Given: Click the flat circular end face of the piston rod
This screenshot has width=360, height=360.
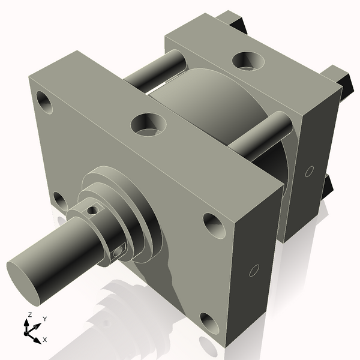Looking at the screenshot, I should tap(24, 275).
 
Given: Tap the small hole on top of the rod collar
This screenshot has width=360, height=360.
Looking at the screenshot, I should tap(92, 210).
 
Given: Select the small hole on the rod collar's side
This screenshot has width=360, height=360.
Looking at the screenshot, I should tap(118, 250).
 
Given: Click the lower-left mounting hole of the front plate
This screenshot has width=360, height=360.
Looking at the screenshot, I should tap(59, 200).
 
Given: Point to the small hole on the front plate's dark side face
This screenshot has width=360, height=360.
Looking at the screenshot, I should tap(254, 271).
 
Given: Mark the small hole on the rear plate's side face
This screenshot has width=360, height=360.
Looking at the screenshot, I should tap(308, 172).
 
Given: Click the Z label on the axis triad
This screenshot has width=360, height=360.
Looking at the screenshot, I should tap(29, 314).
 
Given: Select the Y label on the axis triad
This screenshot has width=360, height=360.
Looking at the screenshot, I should tap(44, 319).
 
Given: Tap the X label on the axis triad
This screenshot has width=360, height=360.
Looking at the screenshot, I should tap(45, 340).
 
